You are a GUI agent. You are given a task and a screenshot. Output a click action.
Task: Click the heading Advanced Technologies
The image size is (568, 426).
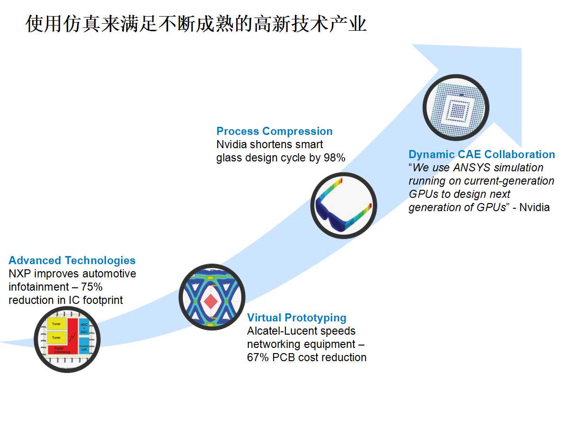72,260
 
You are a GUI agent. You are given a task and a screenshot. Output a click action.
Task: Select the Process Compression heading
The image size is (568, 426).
275,131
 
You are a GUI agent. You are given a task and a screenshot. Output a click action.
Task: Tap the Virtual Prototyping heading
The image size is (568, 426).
297,318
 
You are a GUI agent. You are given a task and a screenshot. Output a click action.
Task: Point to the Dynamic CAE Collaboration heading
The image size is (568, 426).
482,154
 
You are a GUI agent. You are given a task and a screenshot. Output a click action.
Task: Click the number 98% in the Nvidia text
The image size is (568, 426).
334,158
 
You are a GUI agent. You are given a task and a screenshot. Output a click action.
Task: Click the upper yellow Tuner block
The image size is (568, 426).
56,324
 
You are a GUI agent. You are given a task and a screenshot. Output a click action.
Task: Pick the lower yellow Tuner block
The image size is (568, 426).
56,337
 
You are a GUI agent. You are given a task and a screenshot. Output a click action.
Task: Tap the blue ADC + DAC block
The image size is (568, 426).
84,327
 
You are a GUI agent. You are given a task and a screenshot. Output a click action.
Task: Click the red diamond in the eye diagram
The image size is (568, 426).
210,301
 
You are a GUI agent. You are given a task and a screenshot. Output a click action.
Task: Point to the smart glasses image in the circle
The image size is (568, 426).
344,205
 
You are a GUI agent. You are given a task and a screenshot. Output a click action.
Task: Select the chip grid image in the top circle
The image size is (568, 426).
455,107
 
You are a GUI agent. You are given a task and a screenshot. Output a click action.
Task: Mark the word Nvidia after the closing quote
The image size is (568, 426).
534,207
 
